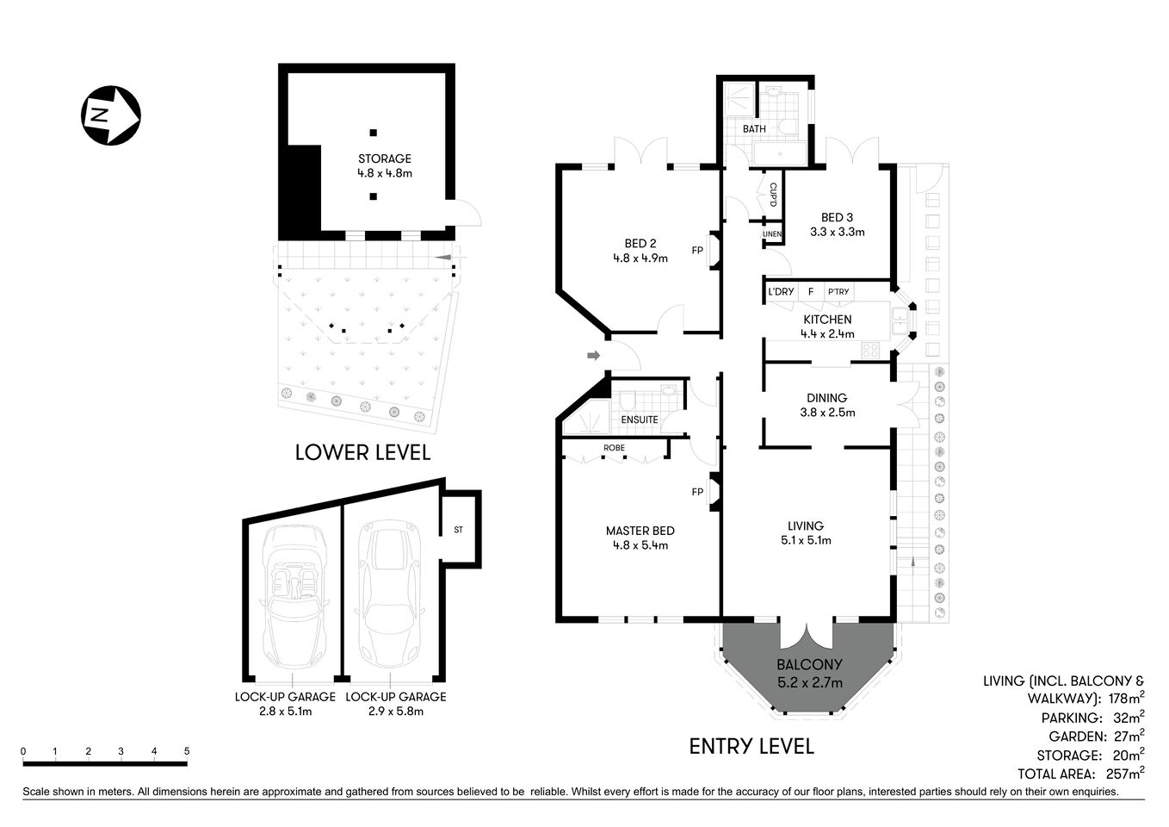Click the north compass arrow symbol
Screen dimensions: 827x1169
[x=110, y=115]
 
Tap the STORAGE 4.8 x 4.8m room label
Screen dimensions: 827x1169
[x=385, y=165]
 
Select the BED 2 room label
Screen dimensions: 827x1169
[x=640, y=250]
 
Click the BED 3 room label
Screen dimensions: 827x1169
[x=837, y=225]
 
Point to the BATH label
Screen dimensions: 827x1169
[x=754, y=129]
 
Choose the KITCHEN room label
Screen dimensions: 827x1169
[x=826, y=326]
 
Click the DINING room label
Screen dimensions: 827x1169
[x=826, y=405]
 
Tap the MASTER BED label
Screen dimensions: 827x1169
[x=640, y=538]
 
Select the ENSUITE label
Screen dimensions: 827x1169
[x=640, y=420]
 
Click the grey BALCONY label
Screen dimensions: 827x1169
[x=809, y=673]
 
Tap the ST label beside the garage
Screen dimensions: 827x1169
[x=458, y=530]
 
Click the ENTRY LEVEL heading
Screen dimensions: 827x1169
[x=751, y=746]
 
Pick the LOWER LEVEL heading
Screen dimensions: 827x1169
[x=362, y=452]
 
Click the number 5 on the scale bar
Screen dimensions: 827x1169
[x=187, y=751]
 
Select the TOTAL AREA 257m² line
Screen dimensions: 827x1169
[x=1080, y=774]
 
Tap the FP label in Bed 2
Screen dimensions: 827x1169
[x=696, y=251]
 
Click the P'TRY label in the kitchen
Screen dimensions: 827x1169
[x=838, y=292]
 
